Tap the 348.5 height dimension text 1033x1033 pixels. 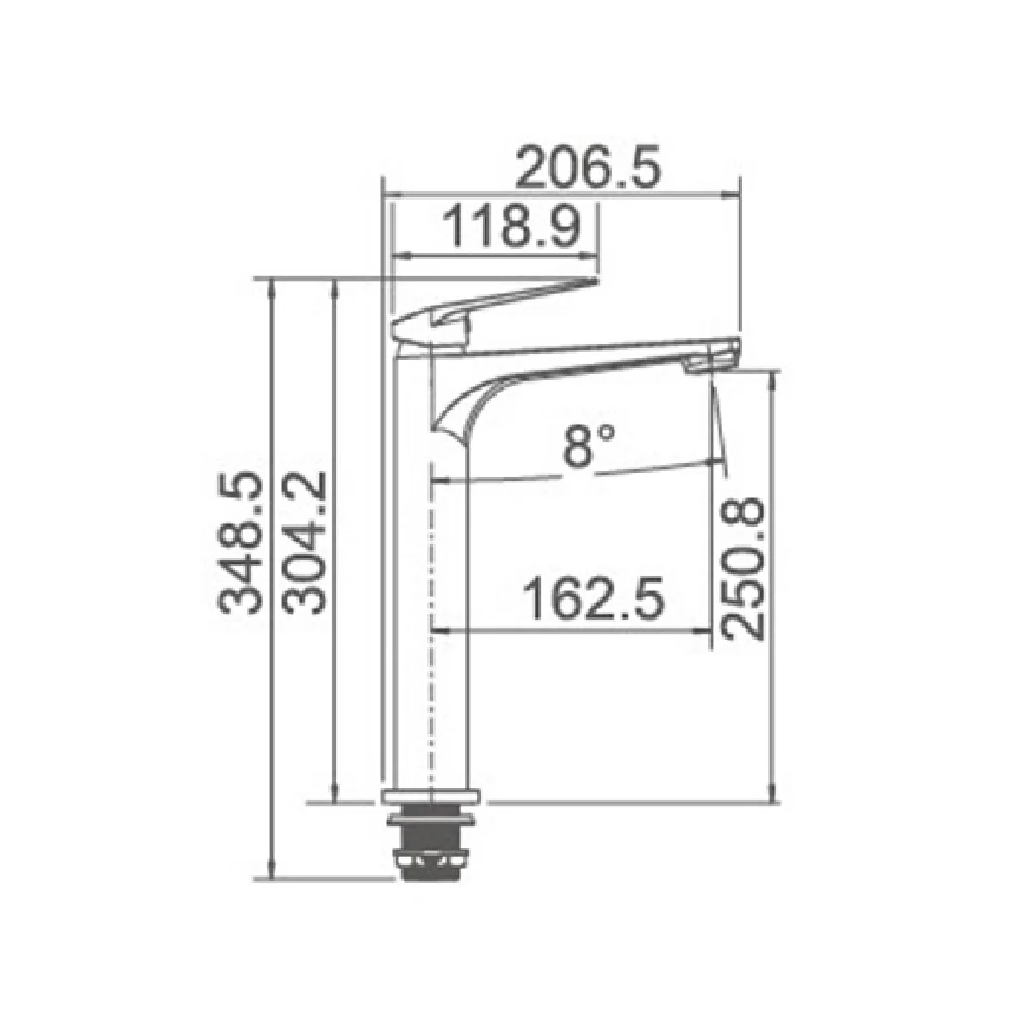pyautogui.click(x=239, y=543)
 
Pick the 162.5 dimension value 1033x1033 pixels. pyautogui.click(x=593, y=597)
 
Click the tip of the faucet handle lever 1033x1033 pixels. pyautogui.click(x=596, y=280)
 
